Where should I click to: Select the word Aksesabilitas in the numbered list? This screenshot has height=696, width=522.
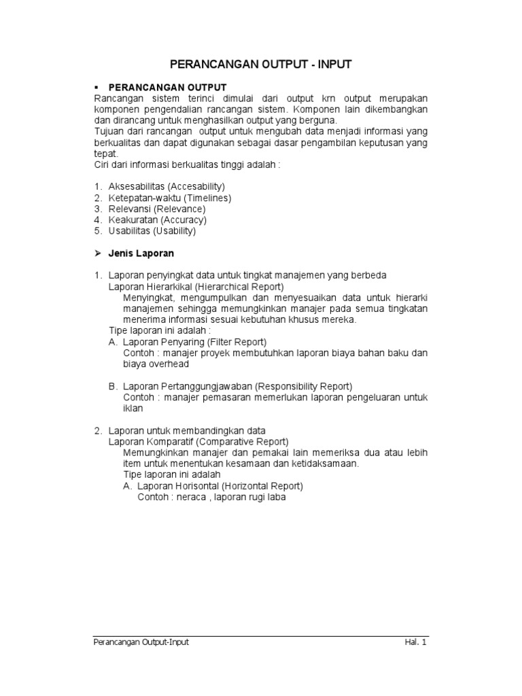(137, 186)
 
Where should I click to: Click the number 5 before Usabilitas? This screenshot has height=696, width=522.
(97, 231)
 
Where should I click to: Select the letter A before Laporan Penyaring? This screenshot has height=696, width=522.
(113, 342)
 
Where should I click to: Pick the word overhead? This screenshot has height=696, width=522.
(169, 364)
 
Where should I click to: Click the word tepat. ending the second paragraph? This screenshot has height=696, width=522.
(105, 154)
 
